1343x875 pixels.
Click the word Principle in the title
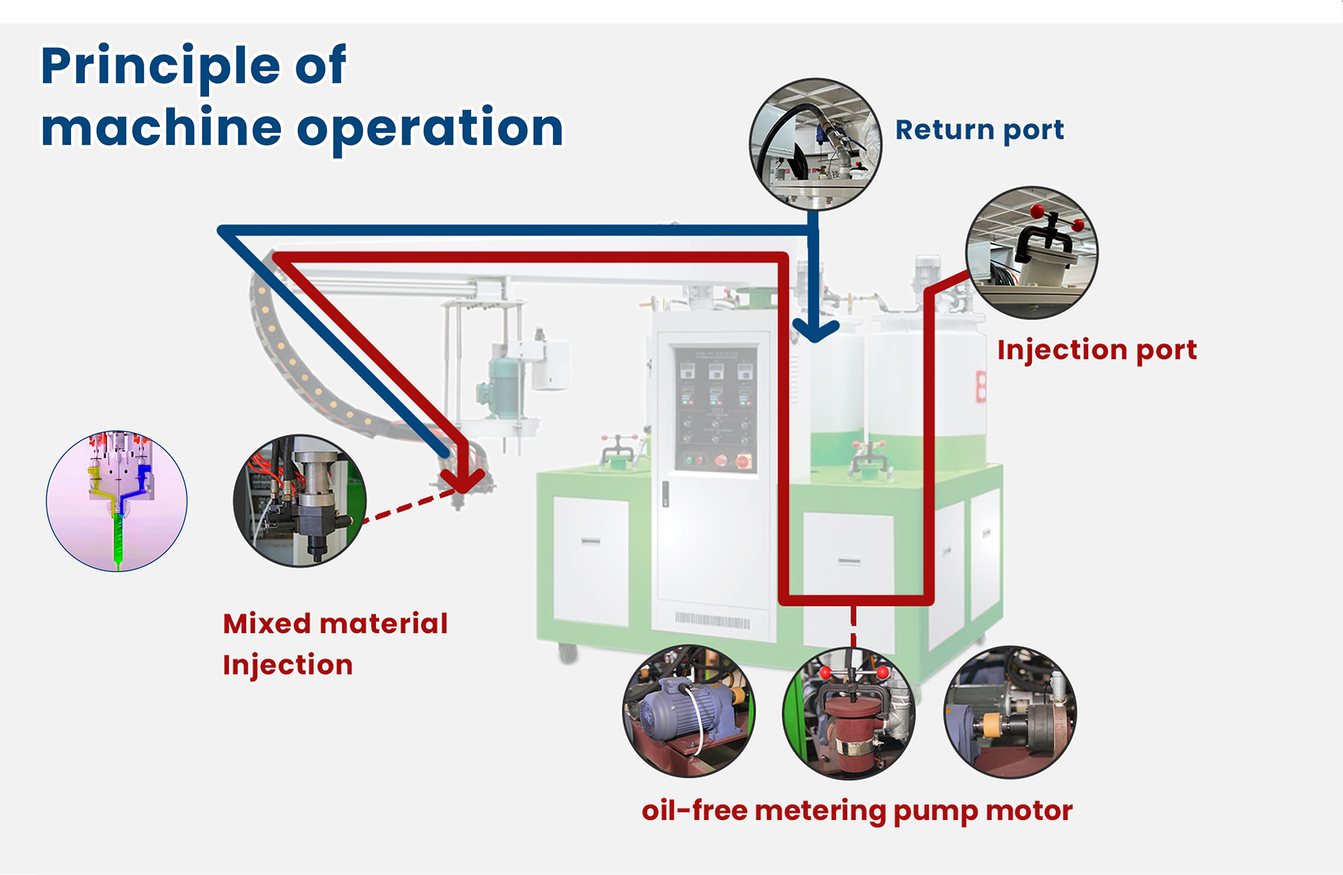click(161, 66)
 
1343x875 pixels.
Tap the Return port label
click(979, 130)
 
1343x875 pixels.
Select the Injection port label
click(1097, 350)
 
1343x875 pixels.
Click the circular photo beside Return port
click(815, 144)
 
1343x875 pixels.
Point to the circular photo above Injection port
click(1031, 252)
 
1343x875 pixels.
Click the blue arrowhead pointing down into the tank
click(815, 329)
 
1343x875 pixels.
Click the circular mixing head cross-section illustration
click(117, 501)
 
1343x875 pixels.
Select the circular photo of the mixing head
click(300, 501)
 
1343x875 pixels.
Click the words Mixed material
click(335, 624)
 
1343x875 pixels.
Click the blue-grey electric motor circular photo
click(689, 712)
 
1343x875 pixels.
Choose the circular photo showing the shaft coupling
click(1010, 712)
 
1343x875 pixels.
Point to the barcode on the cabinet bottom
click(712, 621)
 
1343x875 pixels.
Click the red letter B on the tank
click(980, 387)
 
